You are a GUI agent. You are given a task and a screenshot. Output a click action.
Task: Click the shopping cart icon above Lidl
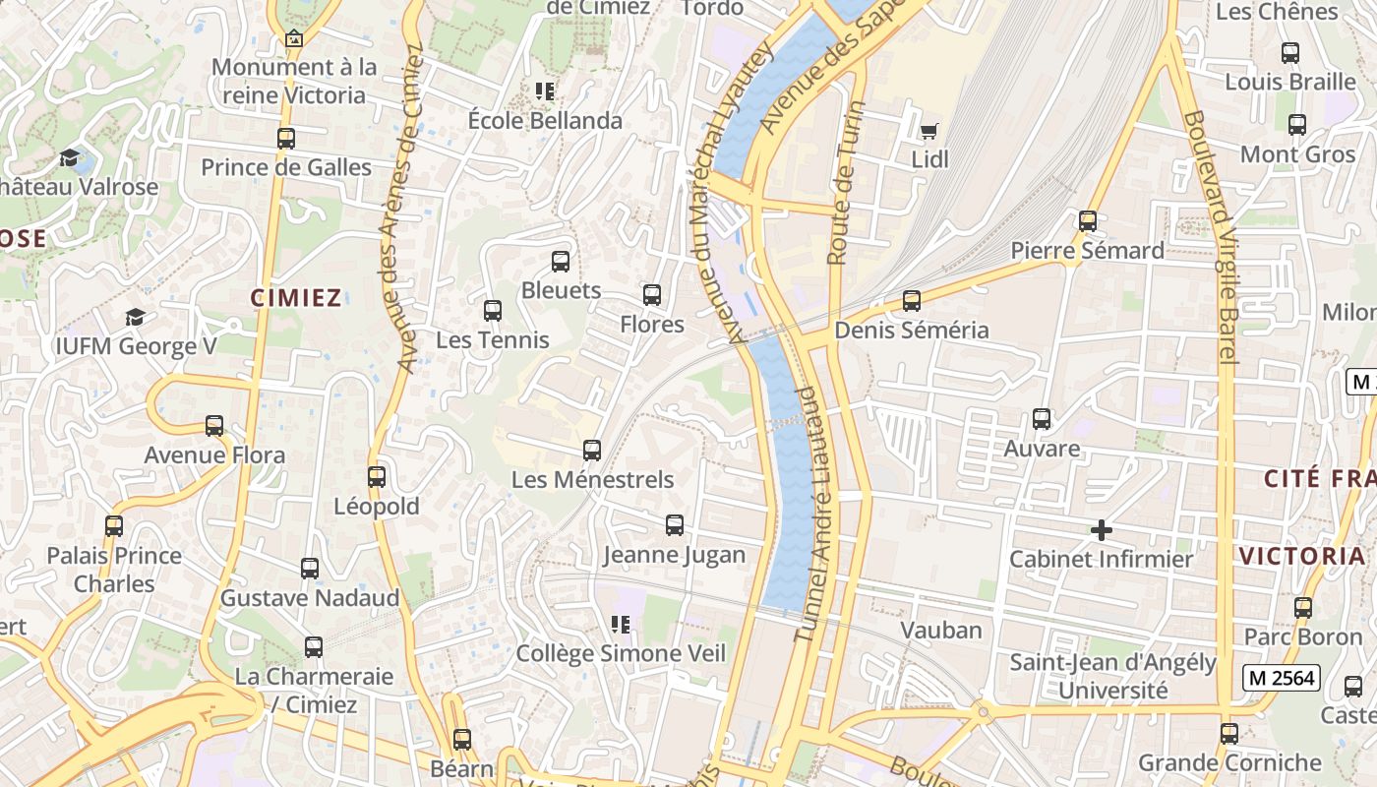[x=928, y=130]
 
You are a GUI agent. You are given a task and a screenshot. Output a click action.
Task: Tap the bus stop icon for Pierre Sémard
[x=1087, y=221]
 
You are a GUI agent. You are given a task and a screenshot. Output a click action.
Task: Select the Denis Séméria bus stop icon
[x=912, y=301]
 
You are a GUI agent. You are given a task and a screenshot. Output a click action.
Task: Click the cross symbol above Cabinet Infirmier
[x=1102, y=531]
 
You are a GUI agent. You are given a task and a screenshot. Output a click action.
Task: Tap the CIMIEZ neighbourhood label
[x=295, y=298]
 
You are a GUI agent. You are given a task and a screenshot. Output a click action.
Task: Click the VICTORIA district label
[x=1301, y=556]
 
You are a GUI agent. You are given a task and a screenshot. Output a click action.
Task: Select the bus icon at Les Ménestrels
[x=592, y=451]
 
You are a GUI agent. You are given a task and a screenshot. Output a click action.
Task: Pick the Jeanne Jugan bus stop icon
[x=675, y=525]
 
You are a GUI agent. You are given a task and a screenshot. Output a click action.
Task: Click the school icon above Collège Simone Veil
[x=621, y=625]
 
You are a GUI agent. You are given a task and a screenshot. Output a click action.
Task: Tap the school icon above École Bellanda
[x=545, y=92]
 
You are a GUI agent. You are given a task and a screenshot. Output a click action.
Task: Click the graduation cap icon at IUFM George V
[x=135, y=317]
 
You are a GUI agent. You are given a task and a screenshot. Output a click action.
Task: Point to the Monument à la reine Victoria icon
[x=293, y=39]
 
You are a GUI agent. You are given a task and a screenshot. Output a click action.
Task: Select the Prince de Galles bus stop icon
[x=286, y=139]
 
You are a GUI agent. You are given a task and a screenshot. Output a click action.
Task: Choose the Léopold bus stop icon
[x=377, y=477]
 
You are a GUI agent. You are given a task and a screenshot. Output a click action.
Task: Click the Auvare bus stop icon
[x=1042, y=419]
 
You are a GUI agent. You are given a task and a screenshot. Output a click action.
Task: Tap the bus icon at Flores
[x=652, y=295]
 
